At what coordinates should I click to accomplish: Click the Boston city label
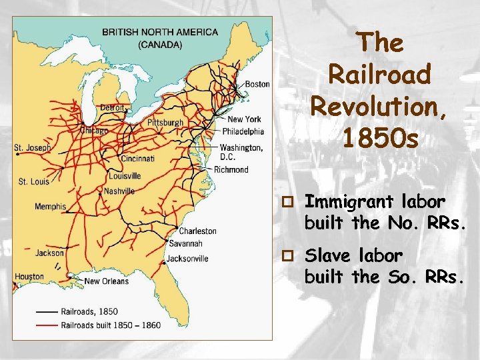click(257, 84)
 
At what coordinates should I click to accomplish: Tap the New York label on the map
click(244, 119)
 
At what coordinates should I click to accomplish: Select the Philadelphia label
click(243, 131)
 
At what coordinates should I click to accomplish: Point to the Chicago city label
click(94, 131)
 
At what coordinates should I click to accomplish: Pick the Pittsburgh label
click(165, 123)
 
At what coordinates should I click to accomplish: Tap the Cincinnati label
click(137, 159)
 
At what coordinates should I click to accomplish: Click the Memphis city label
click(51, 206)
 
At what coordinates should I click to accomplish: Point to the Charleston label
click(197, 231)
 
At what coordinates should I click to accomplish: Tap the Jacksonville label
click(187, 258)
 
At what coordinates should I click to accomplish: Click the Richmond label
click(231, 169)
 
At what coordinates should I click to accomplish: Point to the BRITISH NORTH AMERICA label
click(160, 32)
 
